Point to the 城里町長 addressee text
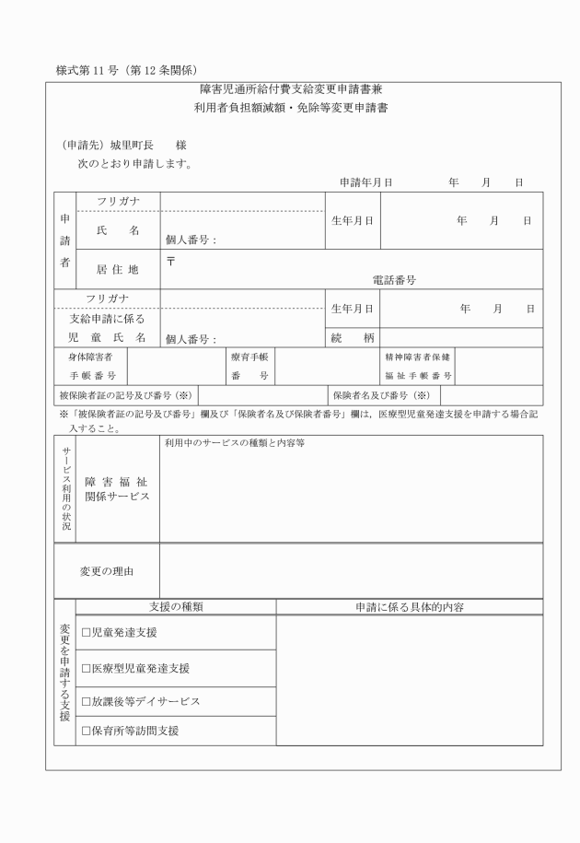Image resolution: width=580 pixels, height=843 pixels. point(128,146)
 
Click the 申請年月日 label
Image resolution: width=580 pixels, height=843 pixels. point(366,182)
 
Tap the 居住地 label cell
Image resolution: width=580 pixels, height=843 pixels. point(117,270)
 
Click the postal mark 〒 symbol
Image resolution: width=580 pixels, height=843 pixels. point(171,260)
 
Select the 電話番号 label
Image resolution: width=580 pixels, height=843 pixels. point(394,281)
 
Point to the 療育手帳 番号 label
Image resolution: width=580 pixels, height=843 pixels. point(249,366)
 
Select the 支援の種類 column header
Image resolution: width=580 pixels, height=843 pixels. point(175,608)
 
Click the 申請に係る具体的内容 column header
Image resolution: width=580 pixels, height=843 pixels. point(409,608)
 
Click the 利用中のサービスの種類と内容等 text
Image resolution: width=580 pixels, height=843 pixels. point(235,442)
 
